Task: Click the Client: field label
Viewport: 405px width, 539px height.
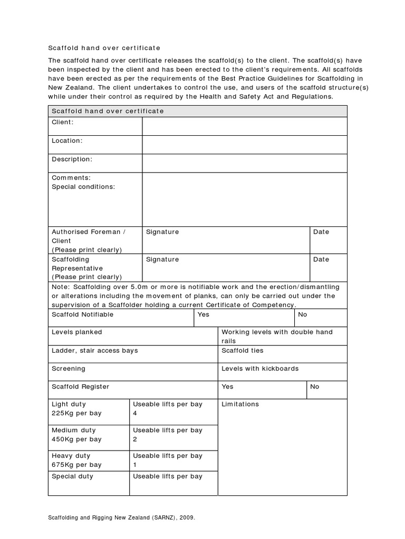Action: pyautogui.click(x=62, y=122)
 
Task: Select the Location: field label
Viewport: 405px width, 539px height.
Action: pyautogui.click(x=66, y=141)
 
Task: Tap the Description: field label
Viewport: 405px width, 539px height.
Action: pyautogui.click(x=72, y=159)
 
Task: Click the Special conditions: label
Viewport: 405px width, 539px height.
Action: pyautogui.click(x=83, y=186)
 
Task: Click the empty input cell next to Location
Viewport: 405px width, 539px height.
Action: pyautogui.click(x=244, y=144)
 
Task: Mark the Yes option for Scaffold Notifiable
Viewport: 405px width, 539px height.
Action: pyautogui.click(x=203, y=314)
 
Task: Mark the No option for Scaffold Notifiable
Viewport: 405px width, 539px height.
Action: pyautogui.click(x=302, y=314)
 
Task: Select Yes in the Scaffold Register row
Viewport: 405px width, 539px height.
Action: pyautogui.click(x=227, y=386)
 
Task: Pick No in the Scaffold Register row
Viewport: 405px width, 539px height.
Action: pyautogui.click(x=314, y=386)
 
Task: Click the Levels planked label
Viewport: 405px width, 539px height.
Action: pyautogui.click(x=76, y=332)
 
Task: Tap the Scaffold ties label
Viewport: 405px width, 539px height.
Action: pyautogui.click(x=242, y=351)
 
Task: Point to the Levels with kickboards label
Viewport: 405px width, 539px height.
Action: pyautogui.click(x=260, y=368)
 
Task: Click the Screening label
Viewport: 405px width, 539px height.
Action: pyautogui.click(x=68, y=368)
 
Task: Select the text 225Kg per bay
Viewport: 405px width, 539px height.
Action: pyautogui.click(x=76, y=413)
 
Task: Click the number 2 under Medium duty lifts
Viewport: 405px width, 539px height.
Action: pyautogui.click(x=135, y=439)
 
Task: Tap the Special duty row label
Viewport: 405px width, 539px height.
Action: pyautogui.click(x=72, y=476)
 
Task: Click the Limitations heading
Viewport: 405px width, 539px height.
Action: pyautogui.click(x=240, y=404)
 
